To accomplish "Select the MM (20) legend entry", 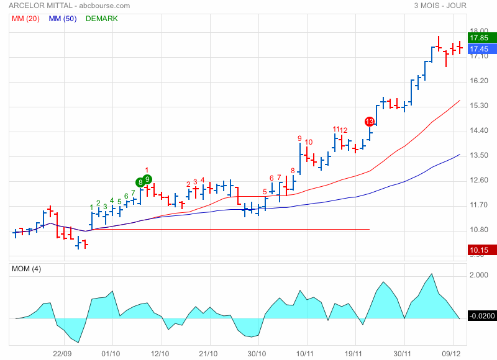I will click(x=26, y=19).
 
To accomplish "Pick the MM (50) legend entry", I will click(x=63, y=19).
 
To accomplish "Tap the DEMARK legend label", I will click(x=102, y=19).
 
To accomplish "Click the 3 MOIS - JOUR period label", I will click(x=440, y=6).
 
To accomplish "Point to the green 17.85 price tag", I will click(x=478, y=38).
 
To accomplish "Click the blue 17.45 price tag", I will click(x=478, y=49).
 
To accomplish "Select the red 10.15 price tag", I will click(x=478, y=251).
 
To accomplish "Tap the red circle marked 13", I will click(x=370, y=122).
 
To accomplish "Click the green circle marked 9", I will click(x=148, y=179).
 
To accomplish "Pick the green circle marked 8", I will click(x=140, y=182).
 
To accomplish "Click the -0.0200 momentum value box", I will click(x=482, y=316).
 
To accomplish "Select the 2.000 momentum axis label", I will click(x=480, y=276).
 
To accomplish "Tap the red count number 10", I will click(x=309, y=142).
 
